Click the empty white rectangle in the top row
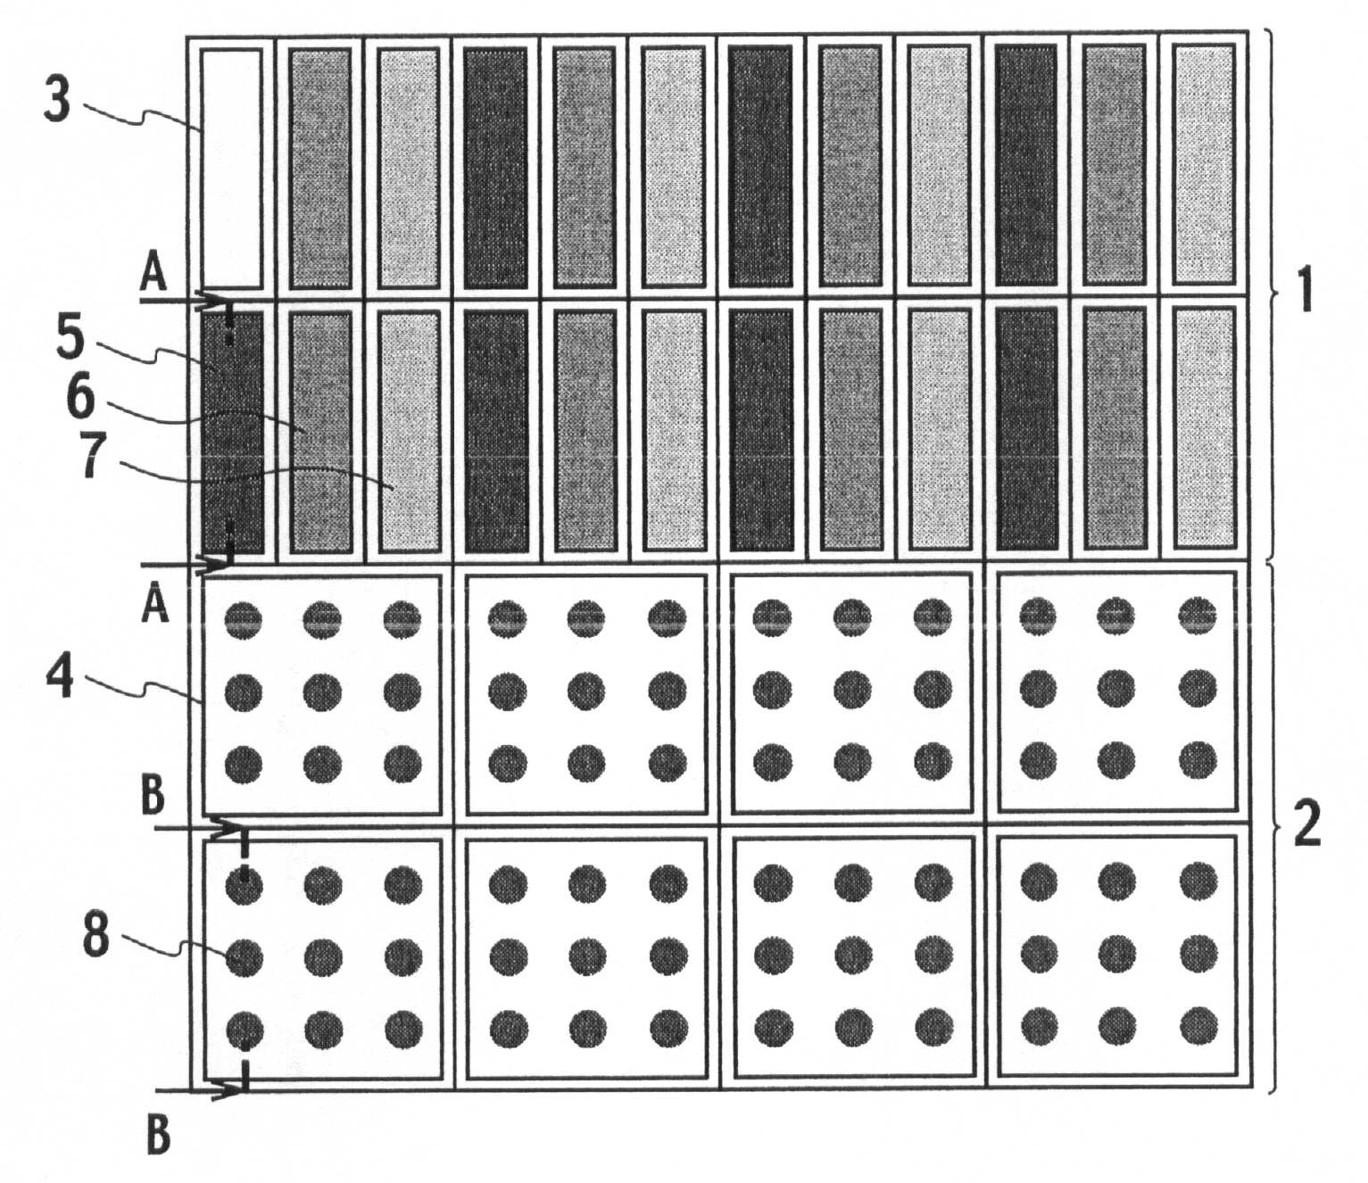[232, 169]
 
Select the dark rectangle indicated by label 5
[232, 432]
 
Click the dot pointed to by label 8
[245, 957]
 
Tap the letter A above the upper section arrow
[153, 276]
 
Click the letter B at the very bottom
[157, 1136]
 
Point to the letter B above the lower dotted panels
[153, 798]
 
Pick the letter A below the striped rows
[155, 606]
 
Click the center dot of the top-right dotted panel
[1115, 690]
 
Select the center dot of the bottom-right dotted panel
[1117, 955]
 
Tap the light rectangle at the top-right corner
[1204, 165]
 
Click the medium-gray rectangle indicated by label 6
[320, 432]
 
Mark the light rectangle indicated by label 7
[409, 432]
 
